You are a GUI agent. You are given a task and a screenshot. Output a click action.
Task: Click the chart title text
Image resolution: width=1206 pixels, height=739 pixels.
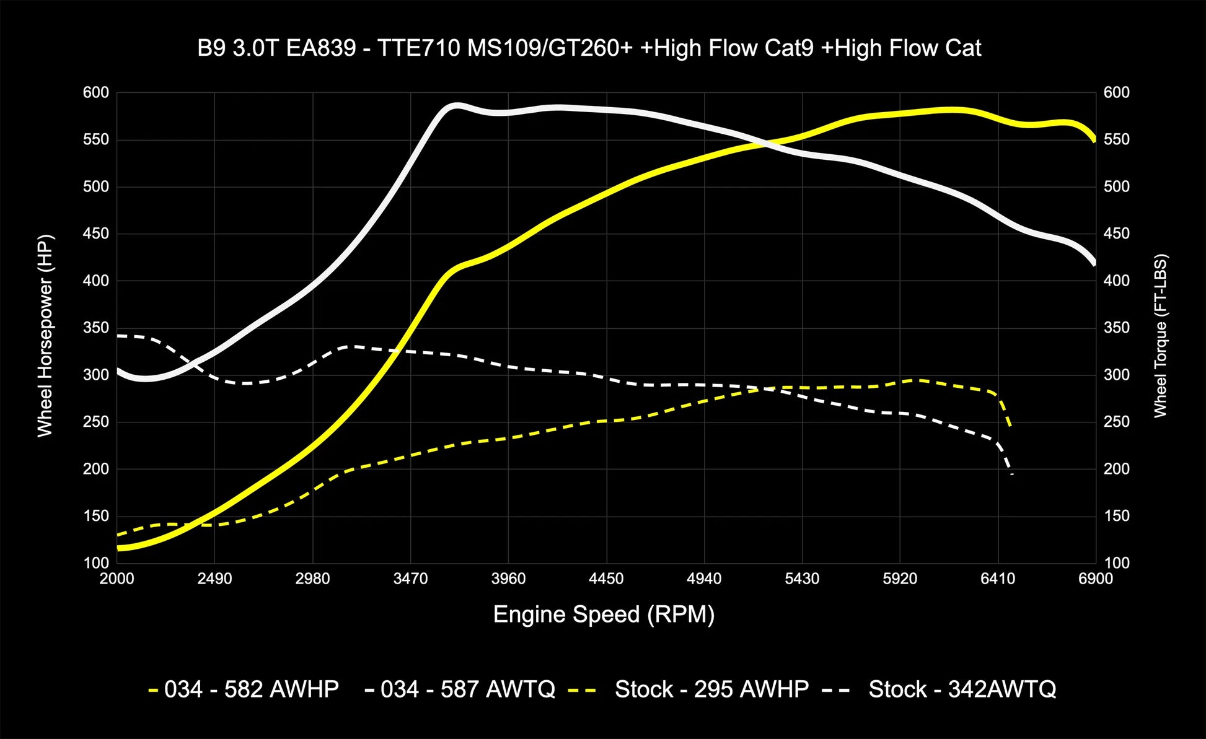589,48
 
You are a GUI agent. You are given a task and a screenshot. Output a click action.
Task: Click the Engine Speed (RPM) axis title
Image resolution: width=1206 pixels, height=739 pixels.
604,614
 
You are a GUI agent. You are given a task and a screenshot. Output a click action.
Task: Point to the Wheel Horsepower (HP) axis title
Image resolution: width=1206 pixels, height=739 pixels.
45,335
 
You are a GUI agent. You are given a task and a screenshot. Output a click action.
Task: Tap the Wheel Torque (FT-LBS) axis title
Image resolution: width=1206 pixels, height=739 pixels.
1160,335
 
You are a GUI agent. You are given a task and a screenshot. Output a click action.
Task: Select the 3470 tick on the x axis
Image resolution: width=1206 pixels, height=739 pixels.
410,579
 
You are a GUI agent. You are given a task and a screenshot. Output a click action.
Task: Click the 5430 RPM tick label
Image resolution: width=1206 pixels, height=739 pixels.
802,579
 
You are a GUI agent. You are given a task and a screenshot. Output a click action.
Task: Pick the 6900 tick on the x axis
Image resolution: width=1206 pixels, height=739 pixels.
1095,579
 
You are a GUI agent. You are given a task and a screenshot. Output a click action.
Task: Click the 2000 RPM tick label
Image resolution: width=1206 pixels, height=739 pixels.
117,579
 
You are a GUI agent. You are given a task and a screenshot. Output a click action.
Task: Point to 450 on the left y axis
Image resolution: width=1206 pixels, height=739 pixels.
95,234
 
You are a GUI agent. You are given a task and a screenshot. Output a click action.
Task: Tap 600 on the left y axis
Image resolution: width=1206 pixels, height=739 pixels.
95,93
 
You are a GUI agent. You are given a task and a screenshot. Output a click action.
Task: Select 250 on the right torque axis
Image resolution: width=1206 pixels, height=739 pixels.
1116,422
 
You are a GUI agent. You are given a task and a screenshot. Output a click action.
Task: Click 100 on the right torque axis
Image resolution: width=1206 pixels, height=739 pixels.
1116,563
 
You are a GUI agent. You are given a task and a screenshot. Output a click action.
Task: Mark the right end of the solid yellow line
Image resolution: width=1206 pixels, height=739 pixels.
1094,140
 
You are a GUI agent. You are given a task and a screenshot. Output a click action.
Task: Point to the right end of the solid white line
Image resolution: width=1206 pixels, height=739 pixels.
1094,264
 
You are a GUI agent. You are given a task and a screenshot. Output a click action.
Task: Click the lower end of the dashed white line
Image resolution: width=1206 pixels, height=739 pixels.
1012,474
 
